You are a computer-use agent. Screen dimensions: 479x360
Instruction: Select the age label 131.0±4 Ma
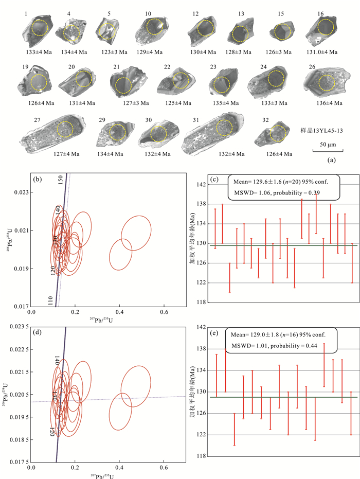[323, 52]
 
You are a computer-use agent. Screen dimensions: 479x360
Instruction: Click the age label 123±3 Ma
[113, 52]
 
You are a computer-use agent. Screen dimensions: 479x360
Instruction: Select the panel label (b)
[38, 181]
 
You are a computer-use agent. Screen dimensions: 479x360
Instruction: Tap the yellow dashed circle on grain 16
[326, 27]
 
